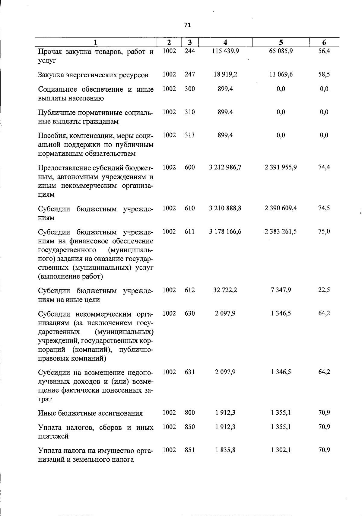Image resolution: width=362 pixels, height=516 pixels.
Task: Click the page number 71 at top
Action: pos(187,25)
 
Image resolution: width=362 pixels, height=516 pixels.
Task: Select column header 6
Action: pos(324,43)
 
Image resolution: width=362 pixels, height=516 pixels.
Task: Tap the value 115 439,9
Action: pos(225,51)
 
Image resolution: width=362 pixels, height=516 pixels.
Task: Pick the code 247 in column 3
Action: pos(190,74)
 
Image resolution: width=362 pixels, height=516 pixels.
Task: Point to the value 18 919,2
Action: pos(225,74)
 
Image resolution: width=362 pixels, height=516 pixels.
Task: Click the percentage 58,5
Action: pos(324,74)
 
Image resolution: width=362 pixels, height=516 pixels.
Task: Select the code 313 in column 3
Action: pos(190,135)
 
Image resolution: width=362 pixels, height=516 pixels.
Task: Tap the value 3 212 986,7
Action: pos(225,167)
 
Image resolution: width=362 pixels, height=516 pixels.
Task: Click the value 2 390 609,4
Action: pos(281,208)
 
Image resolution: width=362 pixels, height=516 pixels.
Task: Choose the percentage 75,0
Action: pos(324,231)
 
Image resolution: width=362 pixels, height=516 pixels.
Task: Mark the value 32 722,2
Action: pos(225,290)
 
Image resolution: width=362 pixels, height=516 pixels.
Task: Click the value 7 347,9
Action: pos(281,290)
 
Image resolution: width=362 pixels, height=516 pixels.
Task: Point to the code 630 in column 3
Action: pos(190,313)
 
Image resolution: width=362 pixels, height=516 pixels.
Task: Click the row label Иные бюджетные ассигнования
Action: pos(91,413)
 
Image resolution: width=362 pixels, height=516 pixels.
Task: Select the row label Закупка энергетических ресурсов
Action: pos(93,75)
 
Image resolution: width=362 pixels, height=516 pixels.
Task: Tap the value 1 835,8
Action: pos(225,450)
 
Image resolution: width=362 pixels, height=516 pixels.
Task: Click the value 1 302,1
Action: pos(281,450)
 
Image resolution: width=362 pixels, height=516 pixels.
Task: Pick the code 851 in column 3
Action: pos(190,450)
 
